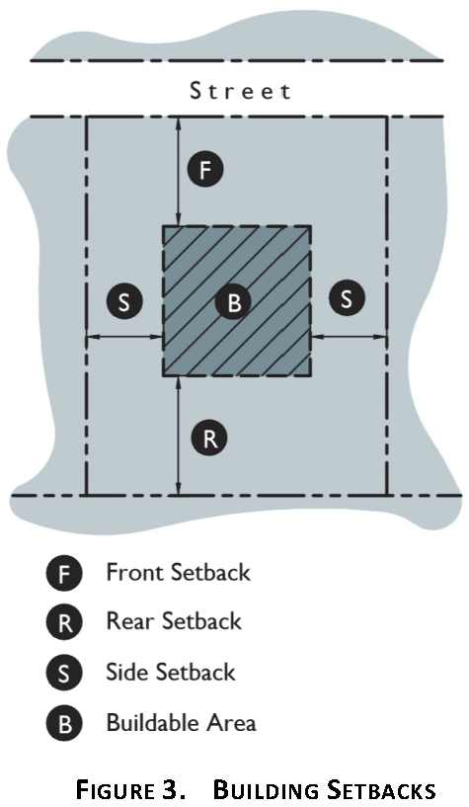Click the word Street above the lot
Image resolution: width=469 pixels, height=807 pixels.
coord(240,91)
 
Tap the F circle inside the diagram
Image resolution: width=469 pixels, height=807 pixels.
coord(205,169)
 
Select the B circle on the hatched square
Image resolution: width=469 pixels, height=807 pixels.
coord(233,301)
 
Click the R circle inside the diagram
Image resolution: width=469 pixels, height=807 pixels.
coord(209,439)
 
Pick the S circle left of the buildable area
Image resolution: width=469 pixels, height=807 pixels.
coord(124,301)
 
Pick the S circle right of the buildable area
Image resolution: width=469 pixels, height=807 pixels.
coord(348,298)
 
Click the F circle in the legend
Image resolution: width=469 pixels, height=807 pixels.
coord(64,573)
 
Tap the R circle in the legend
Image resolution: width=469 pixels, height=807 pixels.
coord(64,622)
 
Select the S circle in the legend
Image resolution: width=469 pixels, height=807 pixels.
coord(64,672)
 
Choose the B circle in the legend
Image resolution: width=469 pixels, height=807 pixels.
coord(64,723)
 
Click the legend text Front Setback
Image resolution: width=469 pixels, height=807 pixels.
coord(178,572)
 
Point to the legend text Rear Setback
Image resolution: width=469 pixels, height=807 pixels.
coord(174,621)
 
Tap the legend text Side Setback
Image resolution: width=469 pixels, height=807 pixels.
coord(170,672)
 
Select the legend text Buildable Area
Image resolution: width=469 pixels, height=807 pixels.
coord(181,722)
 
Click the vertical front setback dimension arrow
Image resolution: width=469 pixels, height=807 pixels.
coord(179,172)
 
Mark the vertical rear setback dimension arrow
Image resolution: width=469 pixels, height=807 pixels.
coord(179,436)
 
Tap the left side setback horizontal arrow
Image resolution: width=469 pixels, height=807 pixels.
coord(124,337)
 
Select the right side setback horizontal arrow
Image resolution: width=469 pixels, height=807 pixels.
coord(349,337)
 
